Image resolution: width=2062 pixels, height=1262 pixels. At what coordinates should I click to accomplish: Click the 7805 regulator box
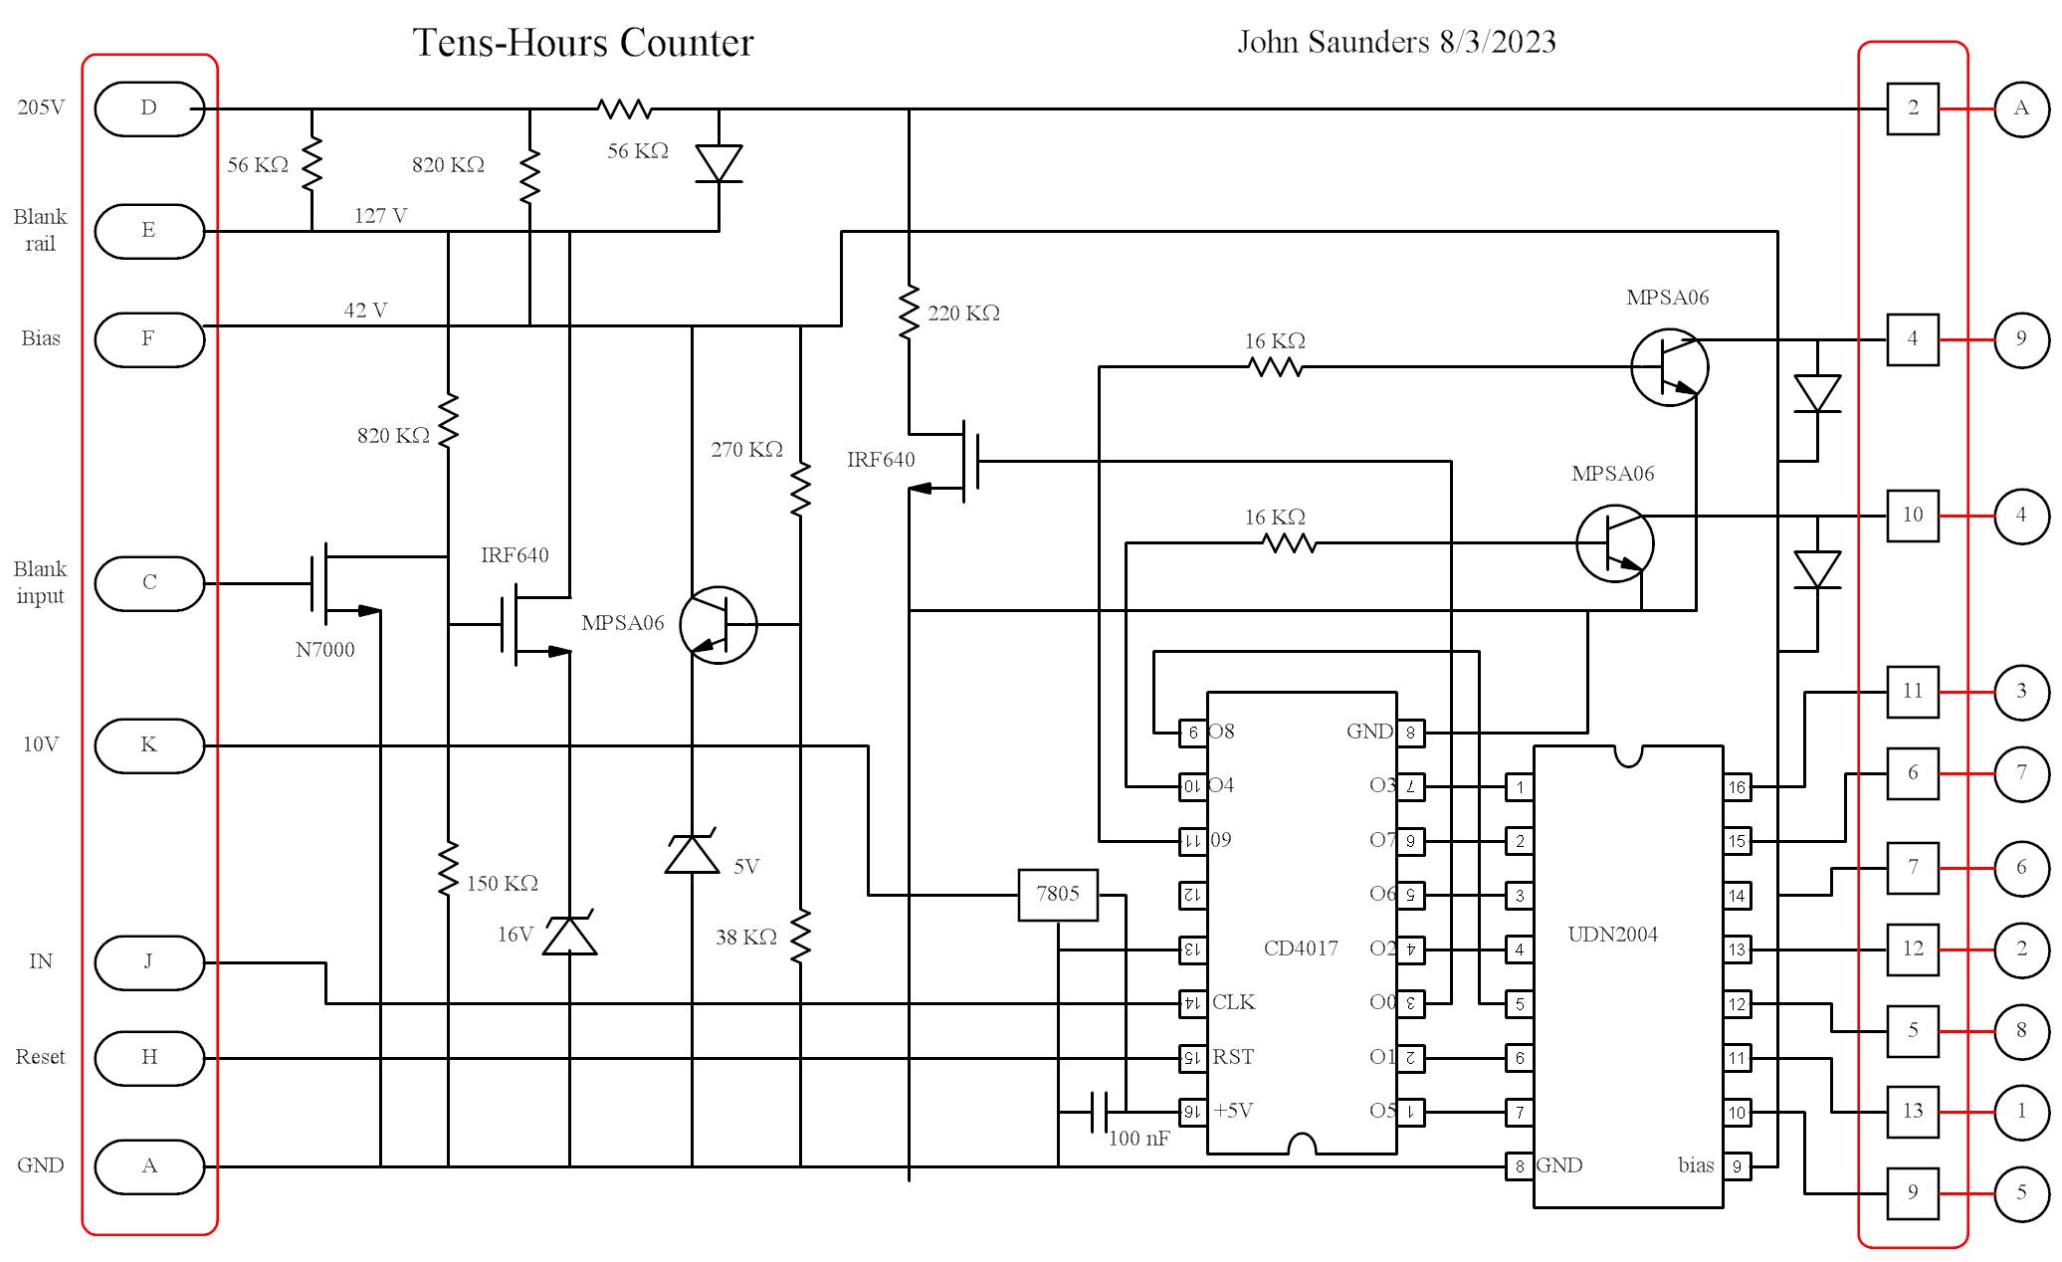[1057, 894]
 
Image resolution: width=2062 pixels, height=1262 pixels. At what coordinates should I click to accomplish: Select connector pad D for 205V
[149, 108]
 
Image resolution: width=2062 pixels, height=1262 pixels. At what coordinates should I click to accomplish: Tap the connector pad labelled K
[149, 744]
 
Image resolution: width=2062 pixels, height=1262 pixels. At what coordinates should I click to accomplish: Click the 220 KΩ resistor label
[963, 314]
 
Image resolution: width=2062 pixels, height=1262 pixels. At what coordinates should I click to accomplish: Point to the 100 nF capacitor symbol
[1100, 1111]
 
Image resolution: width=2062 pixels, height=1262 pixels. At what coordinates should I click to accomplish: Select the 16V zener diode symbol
[569, 935]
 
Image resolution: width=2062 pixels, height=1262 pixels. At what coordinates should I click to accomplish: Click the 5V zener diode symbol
[692, 853]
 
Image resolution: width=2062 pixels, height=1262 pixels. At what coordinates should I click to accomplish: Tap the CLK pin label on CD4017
[1233, 1002]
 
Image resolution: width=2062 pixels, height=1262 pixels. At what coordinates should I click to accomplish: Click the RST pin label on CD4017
[1233, 1057]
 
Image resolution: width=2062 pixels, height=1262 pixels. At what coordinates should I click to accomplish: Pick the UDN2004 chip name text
[1612, 935]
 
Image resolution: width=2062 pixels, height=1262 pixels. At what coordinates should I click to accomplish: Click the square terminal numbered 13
[1912, 1111]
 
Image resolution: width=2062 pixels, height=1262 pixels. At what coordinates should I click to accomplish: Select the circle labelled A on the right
[2020, 108]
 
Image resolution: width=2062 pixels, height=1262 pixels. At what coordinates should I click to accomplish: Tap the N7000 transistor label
[324, 650]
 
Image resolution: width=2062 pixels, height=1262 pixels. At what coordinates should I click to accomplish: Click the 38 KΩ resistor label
[745, 938]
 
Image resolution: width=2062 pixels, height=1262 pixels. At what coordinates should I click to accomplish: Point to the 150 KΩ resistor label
[502, 884]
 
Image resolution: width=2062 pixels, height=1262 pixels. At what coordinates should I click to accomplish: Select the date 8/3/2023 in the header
[1497, 42]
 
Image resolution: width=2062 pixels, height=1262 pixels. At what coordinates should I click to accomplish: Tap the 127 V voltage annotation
[380, 216]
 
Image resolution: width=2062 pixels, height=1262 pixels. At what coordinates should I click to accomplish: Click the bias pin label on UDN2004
[1695, 1165]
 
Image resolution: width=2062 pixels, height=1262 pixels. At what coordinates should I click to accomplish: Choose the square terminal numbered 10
[1912, 516]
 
